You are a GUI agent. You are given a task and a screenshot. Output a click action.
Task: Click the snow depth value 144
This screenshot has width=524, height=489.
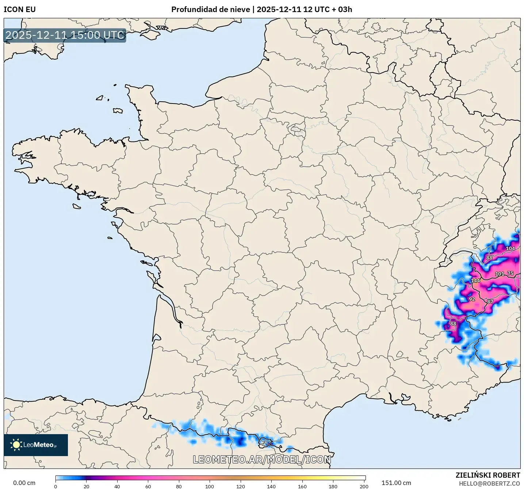(475, 281)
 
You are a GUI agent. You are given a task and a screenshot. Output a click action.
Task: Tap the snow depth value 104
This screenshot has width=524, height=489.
(510, 249)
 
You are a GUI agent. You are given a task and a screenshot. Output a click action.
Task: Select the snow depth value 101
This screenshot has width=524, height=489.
(499, 274)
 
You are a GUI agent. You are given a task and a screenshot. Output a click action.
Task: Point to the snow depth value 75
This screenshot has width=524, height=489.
(510, 274)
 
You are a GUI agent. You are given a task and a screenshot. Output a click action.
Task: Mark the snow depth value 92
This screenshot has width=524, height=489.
(472, 299)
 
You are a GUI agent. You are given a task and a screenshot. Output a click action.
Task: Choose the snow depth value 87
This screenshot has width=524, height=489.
(490, 302)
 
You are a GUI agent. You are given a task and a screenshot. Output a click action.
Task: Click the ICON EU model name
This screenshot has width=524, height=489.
(20, 10)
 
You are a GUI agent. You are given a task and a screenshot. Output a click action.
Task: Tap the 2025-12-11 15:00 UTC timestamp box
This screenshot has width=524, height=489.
(65, 35)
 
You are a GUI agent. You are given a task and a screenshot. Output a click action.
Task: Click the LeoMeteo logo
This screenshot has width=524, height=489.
(36, 445)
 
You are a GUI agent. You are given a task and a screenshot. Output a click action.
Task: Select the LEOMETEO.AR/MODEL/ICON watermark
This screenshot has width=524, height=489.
(262, 460)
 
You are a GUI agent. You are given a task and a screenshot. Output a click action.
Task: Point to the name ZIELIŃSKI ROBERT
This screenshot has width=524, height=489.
(487, 475)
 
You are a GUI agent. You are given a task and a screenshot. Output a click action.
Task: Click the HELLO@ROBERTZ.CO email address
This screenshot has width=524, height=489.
(489, 484)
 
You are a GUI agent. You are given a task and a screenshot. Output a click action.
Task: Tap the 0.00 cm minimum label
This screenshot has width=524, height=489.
(24, 483)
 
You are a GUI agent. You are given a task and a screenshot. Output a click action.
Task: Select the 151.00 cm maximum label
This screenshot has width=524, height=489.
(396, 483)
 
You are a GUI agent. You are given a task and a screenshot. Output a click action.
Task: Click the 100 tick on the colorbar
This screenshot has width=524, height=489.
(210, 486)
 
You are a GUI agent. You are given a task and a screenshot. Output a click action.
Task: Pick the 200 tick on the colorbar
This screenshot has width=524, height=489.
(364, 486)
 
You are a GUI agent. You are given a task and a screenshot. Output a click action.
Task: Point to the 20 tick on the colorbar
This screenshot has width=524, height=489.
(86, 486)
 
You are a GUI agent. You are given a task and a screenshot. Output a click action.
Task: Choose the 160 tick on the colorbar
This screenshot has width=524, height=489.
(302, 486)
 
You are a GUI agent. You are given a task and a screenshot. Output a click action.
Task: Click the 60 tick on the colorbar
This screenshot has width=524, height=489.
(148, 486)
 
